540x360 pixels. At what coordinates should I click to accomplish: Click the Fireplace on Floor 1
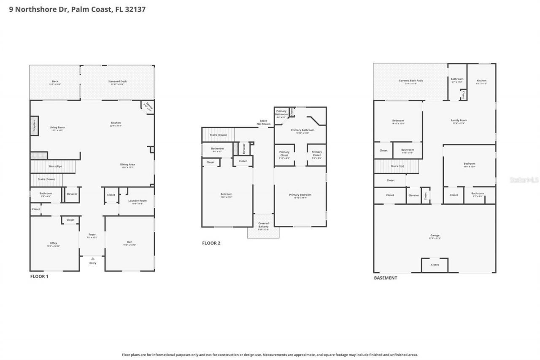[34, 127]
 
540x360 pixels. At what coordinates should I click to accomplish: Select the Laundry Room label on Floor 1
[138, 201]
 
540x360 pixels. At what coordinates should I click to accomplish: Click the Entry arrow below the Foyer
[92, 259]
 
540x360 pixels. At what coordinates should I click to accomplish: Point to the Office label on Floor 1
[54, 243]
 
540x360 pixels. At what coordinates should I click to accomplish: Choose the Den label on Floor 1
[130, 242]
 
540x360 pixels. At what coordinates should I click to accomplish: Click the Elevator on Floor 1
[72, 194]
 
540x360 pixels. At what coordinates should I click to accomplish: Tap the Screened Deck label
[117, 81]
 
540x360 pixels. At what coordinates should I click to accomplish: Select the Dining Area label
[128, 165]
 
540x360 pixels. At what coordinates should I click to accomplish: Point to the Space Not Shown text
[265, 122]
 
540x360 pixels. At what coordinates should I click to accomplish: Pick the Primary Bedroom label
[300, 195]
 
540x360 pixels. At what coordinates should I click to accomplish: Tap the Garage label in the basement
[435, 235]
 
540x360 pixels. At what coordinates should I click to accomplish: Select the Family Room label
[459, 120]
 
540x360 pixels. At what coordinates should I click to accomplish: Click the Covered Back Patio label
[411, 81]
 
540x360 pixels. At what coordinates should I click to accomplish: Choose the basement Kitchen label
[481, 81]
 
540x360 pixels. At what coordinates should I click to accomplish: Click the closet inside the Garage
[435, 265]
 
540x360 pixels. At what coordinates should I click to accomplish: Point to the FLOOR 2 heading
[211, 243]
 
